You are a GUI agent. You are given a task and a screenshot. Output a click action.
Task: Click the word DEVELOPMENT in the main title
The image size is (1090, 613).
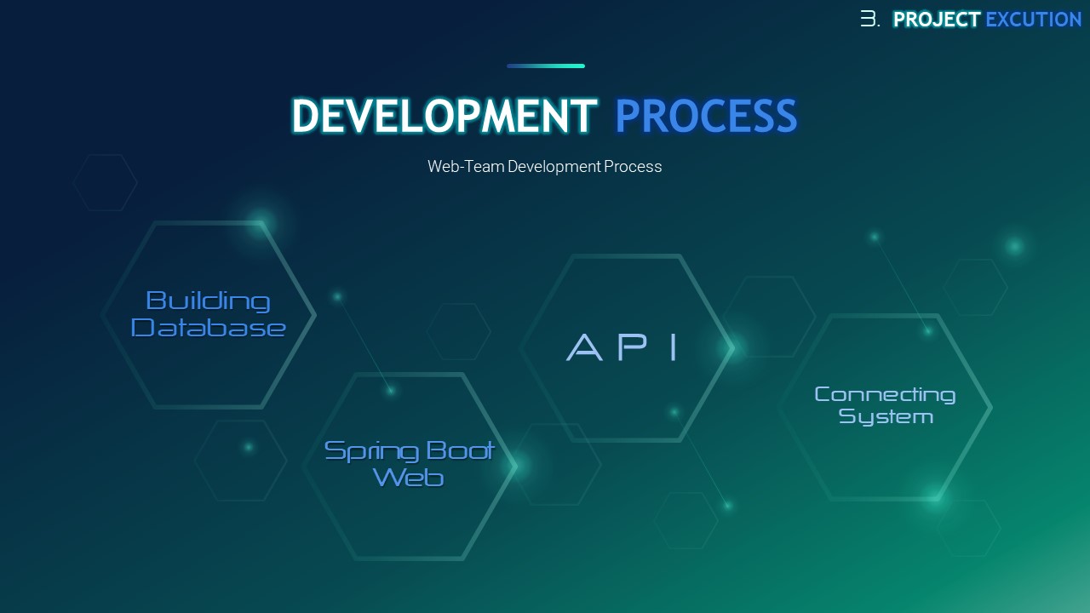pos(444,115)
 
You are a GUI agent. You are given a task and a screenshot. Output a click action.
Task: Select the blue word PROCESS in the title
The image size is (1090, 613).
pos(706,115)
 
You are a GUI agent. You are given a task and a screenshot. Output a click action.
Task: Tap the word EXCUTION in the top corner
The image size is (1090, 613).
pos(1033,20)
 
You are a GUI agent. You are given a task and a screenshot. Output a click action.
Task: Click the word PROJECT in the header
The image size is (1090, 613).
pos(936,20)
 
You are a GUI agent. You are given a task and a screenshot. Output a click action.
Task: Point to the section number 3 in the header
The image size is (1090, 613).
pos(869,19)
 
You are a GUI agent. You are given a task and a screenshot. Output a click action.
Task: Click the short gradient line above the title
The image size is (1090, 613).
pos(546,66)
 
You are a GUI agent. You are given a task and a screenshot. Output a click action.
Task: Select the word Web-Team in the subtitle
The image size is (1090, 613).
pos(466,166)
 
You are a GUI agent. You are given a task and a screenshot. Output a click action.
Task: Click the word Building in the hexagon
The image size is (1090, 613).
pos(208,301)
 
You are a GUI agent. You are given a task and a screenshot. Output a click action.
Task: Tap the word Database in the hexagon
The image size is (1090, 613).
pos(208,328)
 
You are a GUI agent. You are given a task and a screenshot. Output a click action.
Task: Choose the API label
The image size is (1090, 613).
pos(622,347)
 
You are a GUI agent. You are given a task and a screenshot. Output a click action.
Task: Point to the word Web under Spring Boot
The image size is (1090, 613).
pos(408,478)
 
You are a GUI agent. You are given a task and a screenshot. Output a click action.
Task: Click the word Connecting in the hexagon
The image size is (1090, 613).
pos(885,394)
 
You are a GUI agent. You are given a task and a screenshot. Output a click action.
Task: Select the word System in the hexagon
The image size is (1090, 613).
pos(886,417)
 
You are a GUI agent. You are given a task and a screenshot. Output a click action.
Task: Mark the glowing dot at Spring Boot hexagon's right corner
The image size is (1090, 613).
pos(515,466)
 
